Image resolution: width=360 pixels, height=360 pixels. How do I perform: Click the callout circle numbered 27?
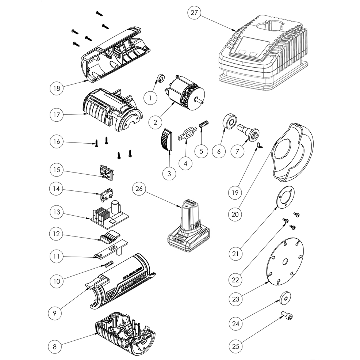[x=194, y=13]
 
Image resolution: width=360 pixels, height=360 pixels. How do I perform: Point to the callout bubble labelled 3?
[x=169, y=174]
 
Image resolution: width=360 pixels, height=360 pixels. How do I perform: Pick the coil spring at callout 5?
[x=203, y=125]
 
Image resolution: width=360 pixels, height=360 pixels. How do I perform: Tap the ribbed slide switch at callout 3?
[x=166, y=140]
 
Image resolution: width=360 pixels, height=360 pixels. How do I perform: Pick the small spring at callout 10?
[x=109, y=264]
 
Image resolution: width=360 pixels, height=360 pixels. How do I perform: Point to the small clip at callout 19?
[x=260, y=145]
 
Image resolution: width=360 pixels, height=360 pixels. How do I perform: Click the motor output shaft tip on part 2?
[x=202, y=101]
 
